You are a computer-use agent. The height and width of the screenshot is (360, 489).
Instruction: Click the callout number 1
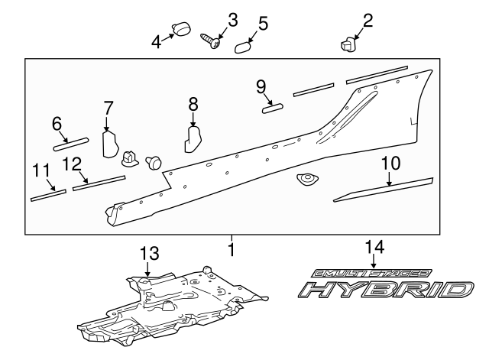point(232,248)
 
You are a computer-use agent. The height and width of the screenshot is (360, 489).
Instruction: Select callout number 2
point(368,20)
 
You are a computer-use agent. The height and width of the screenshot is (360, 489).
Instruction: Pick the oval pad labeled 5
point(243,47)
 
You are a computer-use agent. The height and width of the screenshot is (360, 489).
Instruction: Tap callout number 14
point(374,246)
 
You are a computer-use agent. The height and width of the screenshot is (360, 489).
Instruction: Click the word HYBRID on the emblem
point(382,290)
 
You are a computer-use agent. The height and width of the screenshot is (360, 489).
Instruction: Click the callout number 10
point(389,163)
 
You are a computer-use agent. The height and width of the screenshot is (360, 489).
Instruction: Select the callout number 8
point(193,103)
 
